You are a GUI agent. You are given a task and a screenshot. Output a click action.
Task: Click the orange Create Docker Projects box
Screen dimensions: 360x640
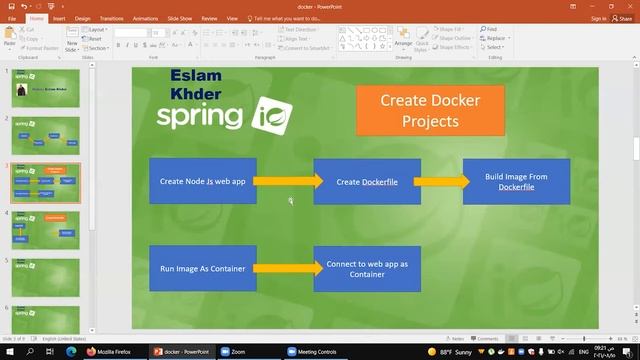(430, 110)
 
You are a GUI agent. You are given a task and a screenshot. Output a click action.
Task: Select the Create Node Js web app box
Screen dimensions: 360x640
(203, 181)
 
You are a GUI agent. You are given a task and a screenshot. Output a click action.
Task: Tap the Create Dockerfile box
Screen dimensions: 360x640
(367, 181)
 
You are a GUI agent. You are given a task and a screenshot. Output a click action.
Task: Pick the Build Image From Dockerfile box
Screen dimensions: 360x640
(516, 181)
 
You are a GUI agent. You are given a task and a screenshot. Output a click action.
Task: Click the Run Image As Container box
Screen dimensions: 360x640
(203, 268)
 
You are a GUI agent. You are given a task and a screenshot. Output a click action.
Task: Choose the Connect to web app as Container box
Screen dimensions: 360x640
(367, 268)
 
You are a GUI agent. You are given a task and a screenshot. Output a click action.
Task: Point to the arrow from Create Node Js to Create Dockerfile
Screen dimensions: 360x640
(288, 181)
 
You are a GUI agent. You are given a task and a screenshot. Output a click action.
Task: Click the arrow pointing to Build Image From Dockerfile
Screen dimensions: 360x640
(442, 181)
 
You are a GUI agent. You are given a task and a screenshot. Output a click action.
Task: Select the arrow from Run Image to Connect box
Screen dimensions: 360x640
(288, 268)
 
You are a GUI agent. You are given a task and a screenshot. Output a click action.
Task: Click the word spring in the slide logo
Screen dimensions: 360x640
(199, 115)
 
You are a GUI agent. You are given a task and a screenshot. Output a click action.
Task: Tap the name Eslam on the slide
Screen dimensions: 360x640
(196, 75)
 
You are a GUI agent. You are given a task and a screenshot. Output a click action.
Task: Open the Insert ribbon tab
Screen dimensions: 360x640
(59, 18)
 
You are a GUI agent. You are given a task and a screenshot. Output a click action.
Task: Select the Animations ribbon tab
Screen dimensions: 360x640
(145, 18)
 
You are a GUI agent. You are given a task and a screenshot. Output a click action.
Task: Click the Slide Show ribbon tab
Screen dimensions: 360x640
(180, 18)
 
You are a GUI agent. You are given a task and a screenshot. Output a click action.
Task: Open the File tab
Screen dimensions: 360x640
(12, 18)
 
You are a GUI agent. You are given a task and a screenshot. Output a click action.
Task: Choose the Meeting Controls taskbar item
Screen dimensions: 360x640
(315, 352)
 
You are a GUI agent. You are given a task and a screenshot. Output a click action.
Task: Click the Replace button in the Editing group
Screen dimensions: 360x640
(497, 38)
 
